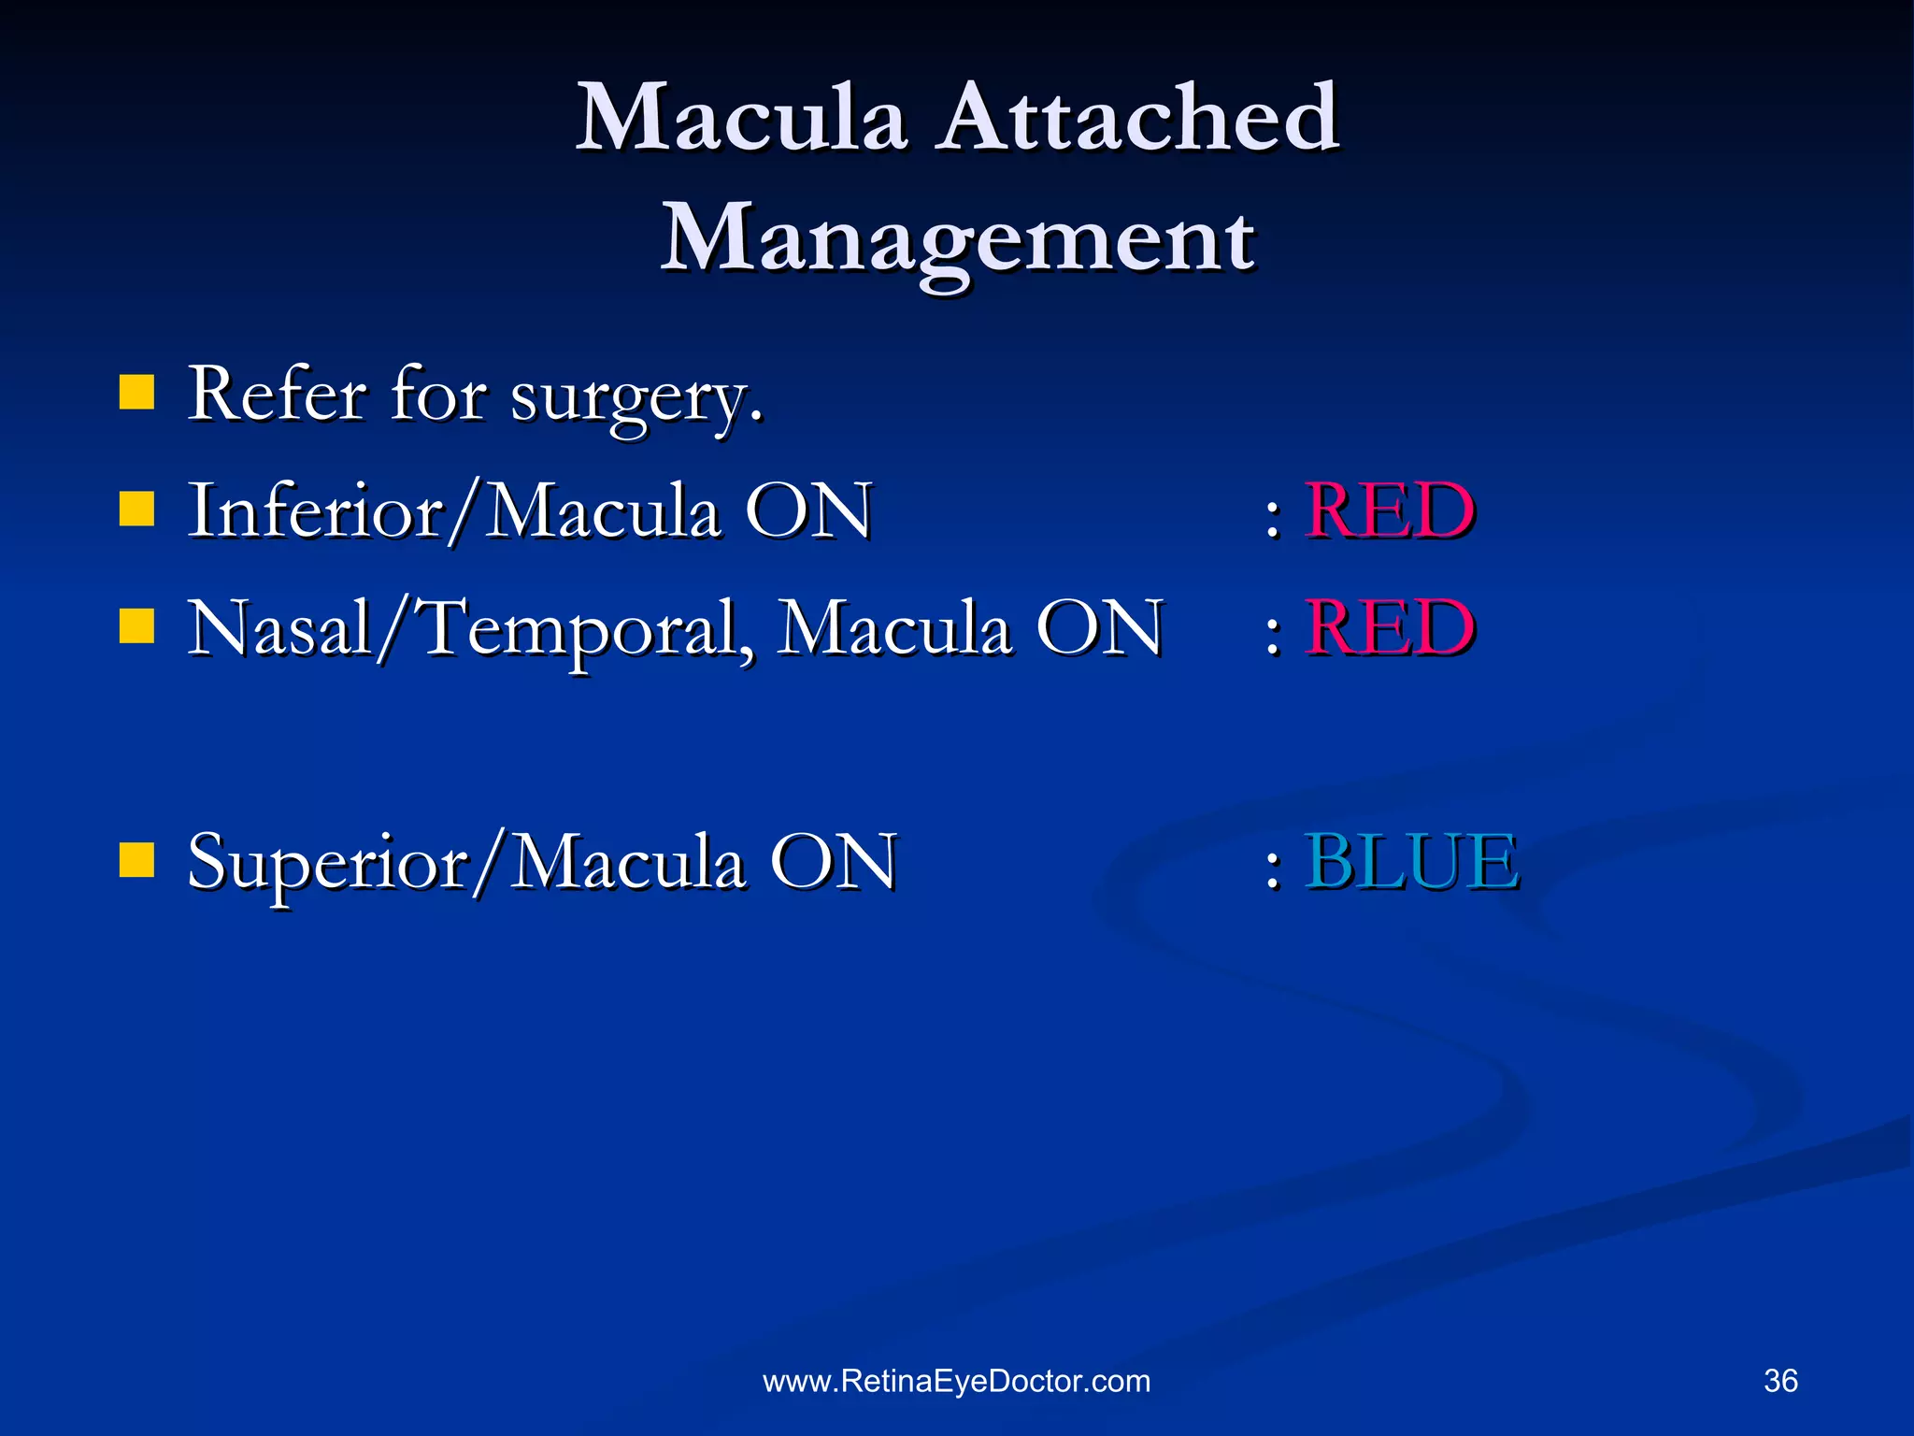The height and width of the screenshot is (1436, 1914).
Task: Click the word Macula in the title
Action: point(740,119)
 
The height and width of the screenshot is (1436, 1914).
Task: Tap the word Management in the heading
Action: point(957,239)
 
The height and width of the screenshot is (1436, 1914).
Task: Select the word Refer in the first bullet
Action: point(276,395)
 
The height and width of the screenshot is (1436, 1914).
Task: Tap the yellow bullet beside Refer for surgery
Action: point(136,394)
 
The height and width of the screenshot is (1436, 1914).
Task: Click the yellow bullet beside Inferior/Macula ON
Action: point(136,510)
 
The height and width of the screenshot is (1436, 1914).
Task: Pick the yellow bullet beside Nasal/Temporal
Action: point(136,627)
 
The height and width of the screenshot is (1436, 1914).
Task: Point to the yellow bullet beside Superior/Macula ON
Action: point(136,861)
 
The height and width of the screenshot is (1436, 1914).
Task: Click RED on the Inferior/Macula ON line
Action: point(1389,511)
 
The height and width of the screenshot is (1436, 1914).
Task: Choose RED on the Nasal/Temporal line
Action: point(1389,628)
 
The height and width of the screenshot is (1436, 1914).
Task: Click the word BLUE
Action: point(1411,862)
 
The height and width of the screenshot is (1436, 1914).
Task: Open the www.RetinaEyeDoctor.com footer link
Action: point(957,1381)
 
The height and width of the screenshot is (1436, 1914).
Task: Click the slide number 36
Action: point(1780,1381)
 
